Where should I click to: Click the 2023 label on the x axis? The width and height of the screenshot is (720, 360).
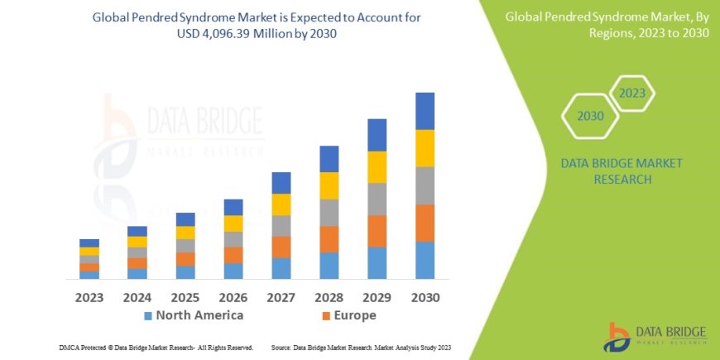pos(89,296)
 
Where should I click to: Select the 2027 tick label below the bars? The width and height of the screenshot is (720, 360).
pos(281,296)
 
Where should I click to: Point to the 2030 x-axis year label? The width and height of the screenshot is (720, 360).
pos(425,296)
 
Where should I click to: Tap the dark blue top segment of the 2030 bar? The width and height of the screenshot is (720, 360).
pos(425,111)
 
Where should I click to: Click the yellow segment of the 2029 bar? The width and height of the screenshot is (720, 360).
pos(377,167)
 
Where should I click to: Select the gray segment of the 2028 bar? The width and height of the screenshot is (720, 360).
pos(329,213)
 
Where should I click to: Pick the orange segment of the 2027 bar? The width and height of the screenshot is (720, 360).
pos(281,247)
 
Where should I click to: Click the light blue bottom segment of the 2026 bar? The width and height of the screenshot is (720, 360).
pos(233,271)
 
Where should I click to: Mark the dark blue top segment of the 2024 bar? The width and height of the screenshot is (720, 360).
pos(137,231)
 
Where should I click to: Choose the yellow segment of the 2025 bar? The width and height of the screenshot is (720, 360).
pos(185,233)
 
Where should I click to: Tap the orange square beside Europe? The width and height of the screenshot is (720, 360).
pos(326,316)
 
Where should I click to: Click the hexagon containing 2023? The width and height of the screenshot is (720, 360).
pos(632,93)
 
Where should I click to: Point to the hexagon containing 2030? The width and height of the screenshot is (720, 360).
pos(590,116)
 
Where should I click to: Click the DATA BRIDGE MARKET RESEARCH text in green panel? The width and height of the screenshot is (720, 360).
pos(622,170)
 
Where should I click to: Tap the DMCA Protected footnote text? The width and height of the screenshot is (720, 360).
pos(157,348)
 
